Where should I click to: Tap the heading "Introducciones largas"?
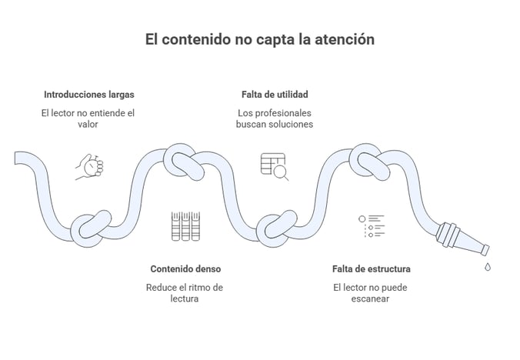coord(89,95)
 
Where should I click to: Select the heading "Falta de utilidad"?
coord(275,95)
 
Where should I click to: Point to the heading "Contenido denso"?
coord(185,269)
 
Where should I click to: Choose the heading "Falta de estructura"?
coord(371,269)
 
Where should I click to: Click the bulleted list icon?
coord(371,226)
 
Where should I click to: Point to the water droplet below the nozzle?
coord(487,267)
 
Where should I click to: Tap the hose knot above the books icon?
coord(184,160)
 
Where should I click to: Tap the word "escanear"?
coord(371,299)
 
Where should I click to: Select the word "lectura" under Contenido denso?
coord(185,299)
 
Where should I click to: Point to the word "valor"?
coord(89,125)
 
